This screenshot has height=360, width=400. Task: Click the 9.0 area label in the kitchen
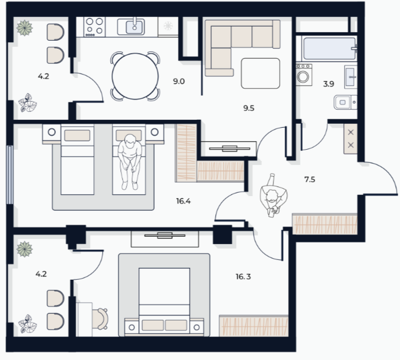(179, 81)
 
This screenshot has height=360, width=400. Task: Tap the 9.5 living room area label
(249, 108)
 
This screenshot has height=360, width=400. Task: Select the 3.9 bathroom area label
(329, 84)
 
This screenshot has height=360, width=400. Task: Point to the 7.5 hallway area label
(310, 180)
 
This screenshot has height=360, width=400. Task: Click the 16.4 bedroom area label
(184, 201)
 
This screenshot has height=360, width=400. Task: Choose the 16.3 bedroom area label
(244, 276)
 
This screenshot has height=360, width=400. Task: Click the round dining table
(135, 76)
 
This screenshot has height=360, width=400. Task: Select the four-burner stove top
(94, 27)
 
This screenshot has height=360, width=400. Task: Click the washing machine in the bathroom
(304, 75)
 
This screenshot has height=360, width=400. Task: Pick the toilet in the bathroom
(345, 102)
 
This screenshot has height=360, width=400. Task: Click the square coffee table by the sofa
(260, 73)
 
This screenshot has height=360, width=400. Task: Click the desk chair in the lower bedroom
(100, 319)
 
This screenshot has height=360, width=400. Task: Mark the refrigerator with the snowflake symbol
(168, 26)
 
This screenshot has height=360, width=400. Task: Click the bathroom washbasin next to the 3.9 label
(350, 77)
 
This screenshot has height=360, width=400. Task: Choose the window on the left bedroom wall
(10, 175)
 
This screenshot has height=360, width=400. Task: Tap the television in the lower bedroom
(165, 236)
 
